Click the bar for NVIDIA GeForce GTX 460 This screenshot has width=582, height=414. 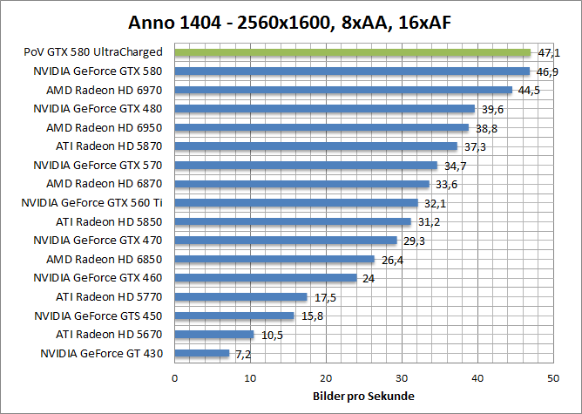tap(266, 278)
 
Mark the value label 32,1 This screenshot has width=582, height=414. tap(432, 203)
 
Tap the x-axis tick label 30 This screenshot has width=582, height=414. tap(402, 377)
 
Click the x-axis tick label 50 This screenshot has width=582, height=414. tap(552, 377)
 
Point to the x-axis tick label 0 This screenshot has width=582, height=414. tap(175, 377)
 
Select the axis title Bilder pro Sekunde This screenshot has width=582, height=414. tap(363, 397)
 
